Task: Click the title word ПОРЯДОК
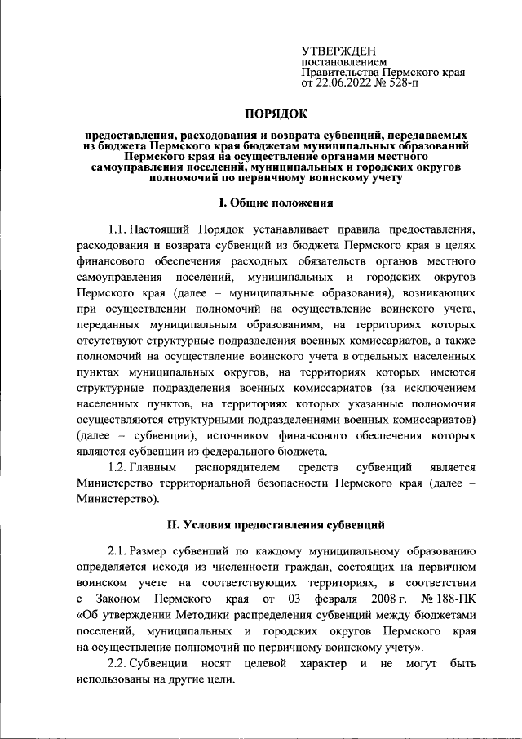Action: tap(278, 115)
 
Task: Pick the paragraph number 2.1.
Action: tap(119, 546)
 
